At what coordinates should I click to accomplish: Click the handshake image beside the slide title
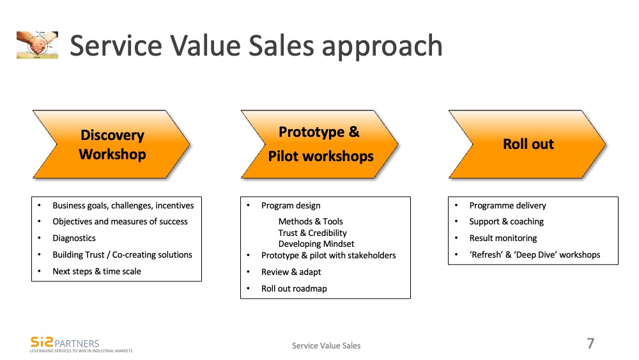pos(37,45)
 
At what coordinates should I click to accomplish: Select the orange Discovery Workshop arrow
pos(112,145)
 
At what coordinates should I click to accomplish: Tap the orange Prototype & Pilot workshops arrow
pos(320,145)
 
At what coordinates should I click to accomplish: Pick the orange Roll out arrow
pos(528,145)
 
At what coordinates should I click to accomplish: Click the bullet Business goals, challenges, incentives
pos(123,205)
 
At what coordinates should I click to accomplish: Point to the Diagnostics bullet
pos(74,238)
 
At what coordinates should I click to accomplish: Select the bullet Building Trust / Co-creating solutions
pos(122,254)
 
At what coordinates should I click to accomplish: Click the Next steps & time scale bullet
pos(96,271)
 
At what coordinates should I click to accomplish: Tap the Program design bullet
pos(291,205)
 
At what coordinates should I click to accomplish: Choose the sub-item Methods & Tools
pos(311,222)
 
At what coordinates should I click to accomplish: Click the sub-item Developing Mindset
pos(316,244)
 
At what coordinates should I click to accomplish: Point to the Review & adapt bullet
pos(291,272)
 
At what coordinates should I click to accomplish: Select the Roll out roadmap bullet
pos(294,288)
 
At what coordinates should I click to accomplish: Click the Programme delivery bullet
pos(507,205)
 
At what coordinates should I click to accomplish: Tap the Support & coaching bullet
pos(506,221)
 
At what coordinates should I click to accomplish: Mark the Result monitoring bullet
pos(503,238)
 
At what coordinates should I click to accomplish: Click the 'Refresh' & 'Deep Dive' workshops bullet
pos(534,254)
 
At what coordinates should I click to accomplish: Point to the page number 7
pos(590,343)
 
